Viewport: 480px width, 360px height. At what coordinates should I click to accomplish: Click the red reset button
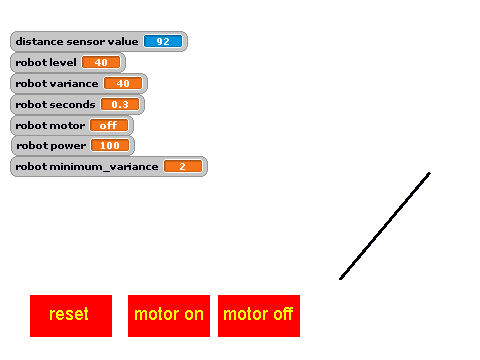(x=71, y=316)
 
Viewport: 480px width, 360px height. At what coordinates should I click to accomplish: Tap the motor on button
(x=169, y=316)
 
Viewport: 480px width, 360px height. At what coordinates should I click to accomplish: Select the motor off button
(x=259, y=316)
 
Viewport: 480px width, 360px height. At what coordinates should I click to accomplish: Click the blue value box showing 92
(x=163, y=41)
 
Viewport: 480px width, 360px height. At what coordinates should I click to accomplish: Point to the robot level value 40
(x=101, y=62)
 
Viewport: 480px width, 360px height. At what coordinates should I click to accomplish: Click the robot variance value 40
(x=123, y=83)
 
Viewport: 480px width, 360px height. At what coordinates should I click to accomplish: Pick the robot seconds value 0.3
(x=120, y=104)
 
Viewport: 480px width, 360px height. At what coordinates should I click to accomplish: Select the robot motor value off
(x=109, y=125)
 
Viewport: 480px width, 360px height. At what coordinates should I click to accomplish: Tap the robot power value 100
(x=110, y=145)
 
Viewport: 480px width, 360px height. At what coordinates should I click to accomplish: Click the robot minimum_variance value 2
(x=183, y=166)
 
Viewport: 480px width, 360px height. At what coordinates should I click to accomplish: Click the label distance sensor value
(x=77, y=41)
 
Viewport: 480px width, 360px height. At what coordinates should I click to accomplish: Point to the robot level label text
(x=46, y=62)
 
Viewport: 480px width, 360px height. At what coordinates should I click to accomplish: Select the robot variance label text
(x=57, y=83)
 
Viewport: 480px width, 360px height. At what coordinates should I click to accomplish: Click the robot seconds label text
(x=55, y=104)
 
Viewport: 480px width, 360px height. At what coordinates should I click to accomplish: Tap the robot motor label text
(x=50, y=125)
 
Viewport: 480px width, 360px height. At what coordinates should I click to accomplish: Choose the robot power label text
(x=51, y=146)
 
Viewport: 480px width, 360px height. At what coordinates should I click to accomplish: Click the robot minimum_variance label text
(x=87, y=166)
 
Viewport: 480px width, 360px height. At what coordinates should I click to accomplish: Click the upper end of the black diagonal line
(x=430, y=173)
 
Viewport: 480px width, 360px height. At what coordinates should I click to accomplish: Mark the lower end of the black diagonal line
(x=340, y=279)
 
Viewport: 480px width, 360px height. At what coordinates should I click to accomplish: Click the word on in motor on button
(x=194, y=314)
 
